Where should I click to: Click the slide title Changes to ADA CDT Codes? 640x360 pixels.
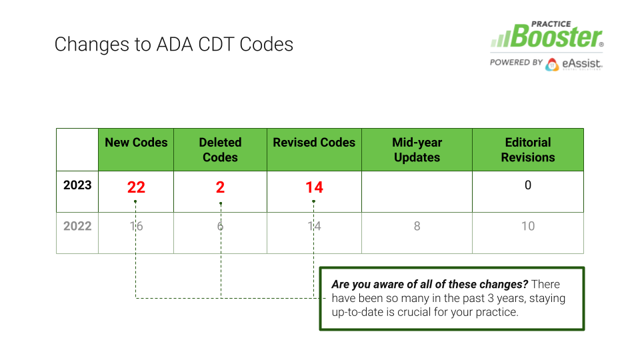(x=174, y=45)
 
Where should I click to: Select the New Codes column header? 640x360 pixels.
(x=136, y=143)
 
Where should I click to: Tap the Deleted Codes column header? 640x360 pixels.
(x=221, y=150)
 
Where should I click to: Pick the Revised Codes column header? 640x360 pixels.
(x=314, y=143)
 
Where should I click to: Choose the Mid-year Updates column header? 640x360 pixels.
(x=417, y=150)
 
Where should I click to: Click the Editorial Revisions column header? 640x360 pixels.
(x=528, y=150)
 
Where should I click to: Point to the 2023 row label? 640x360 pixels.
(x=77, y=185)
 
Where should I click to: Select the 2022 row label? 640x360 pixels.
(x=77, y=226)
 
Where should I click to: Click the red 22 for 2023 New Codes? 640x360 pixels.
(x=136, y=187)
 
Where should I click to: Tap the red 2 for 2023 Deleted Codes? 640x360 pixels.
(x=221, y=187)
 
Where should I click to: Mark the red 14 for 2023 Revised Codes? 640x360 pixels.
(x=314, y=187)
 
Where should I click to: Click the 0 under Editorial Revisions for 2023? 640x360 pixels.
(x=528, y=185)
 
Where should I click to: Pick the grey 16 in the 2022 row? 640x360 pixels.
(x=136, y=226)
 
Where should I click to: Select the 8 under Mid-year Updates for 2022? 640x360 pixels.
(x=417, y=226)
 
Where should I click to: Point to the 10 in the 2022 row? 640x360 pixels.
(x=528, y=226)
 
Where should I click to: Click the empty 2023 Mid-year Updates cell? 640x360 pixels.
(x=417, y=191)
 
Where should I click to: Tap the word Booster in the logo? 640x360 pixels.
(x=556, y=37)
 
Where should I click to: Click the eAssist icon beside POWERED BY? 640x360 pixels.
(x=552, y=65)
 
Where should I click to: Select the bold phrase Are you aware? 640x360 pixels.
(x=361, y=285)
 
